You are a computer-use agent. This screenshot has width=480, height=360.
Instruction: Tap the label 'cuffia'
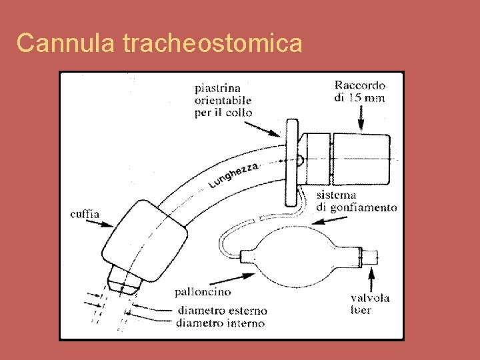coord(85,215)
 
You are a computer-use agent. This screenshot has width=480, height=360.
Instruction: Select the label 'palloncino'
coord(203,292)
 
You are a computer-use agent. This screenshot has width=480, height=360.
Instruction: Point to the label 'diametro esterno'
coord(222,311)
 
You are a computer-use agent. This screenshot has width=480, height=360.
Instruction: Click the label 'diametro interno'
coord(221,323)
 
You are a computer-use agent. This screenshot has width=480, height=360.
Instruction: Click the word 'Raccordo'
coord(360,85)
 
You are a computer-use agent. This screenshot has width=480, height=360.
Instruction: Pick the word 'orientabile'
coord(223,100)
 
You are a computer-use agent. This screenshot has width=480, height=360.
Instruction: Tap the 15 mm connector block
coord(361,159)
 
